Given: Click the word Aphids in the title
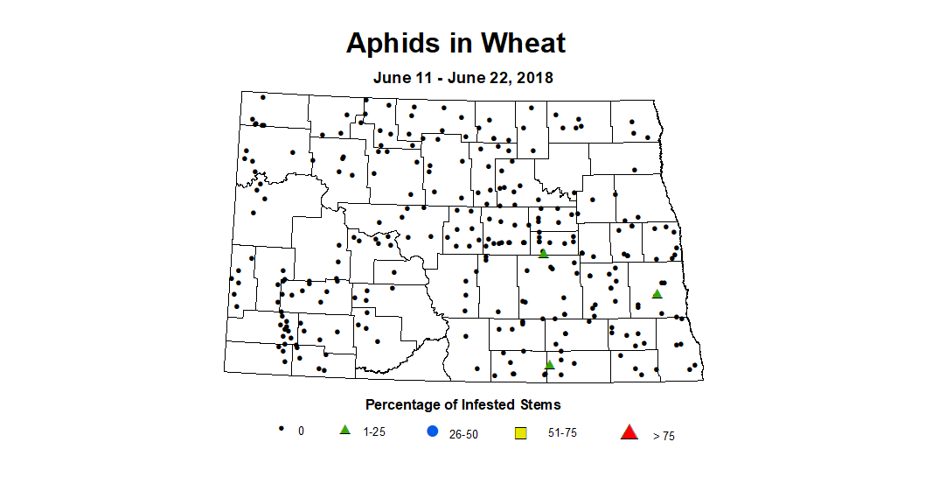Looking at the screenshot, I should point(390,43).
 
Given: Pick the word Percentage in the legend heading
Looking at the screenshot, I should point(402,404).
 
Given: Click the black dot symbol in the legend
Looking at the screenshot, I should point(281,429).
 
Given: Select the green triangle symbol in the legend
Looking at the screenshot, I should point(344,430).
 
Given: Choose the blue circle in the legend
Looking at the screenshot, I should point(432,431).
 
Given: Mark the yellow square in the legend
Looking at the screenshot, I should point(520,432).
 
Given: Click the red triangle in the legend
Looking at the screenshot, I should point(629,431).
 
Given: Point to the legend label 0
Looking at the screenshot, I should point(301,431).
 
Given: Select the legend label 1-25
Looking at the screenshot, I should point(375,432).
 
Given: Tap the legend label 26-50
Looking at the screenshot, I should point(463,434).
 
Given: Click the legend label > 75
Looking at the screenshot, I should point(664,436).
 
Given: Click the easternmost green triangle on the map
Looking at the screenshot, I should point(657,294).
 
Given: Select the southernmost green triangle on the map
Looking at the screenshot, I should point(549,365).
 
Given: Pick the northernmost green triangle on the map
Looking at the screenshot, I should point(543,253).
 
